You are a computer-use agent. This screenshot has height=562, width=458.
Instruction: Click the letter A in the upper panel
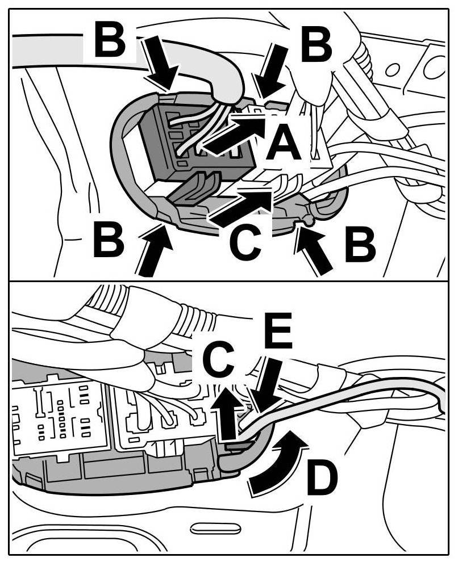point(284,143)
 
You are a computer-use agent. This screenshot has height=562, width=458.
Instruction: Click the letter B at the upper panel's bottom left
point(108,241)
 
